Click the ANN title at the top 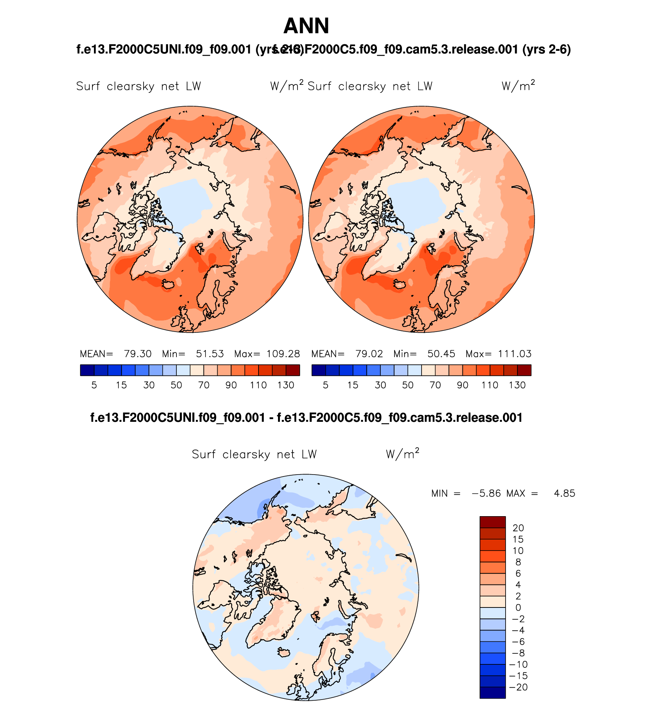point(306,26)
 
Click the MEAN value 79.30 point(137,354)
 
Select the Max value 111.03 point(514,354)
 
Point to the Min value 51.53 point(210,354)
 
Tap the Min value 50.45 point(441,354)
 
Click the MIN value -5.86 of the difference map point(486,493)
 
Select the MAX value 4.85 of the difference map point(564,493)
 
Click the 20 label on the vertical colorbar point(518,528)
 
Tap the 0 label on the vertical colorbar point(518,607)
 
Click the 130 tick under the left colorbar point(286,385)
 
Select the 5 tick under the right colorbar point(325,385)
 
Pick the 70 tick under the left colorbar point(204,385)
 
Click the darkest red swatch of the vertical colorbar point(493,522)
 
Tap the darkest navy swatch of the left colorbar point(87,370)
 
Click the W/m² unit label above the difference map point(402,454)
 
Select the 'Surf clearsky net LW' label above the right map point(370,86)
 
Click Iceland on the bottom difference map point(284,652)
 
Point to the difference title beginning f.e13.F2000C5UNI point(306,418)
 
